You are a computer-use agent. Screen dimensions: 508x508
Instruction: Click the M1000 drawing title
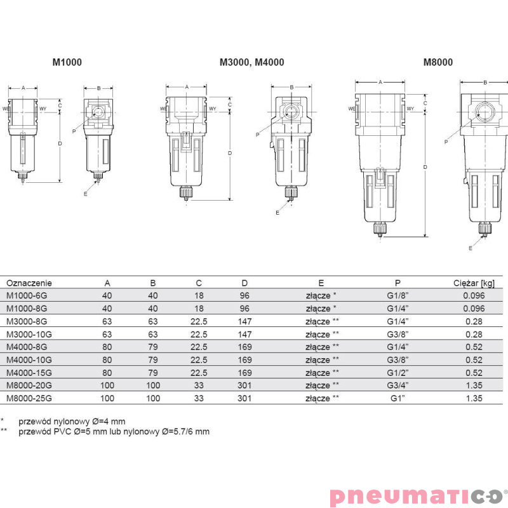(67, 62)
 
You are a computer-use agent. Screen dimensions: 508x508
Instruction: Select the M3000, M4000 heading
(251, 62)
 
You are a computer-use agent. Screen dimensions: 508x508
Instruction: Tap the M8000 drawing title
(438, 62)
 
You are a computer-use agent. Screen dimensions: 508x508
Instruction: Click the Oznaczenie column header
(29, 283)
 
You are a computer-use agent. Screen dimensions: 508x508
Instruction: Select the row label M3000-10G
(29, 334)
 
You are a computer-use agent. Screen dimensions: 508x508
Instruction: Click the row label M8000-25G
(29, 398)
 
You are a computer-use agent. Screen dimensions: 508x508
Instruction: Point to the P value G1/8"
(399, 296)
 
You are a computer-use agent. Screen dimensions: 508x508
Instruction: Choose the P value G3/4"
(399, 385)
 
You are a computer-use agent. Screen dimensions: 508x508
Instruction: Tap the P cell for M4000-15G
(399, 373)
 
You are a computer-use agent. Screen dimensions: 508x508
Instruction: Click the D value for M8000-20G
(245, 385)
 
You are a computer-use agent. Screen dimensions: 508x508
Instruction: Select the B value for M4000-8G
(153, 347)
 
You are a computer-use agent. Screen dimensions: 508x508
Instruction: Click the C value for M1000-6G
(199, 296)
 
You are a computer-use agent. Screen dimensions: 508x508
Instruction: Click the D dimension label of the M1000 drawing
(60, 144)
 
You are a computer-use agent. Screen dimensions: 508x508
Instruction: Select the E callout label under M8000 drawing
(471, 248)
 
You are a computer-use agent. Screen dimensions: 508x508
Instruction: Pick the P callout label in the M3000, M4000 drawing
(258, 135)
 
